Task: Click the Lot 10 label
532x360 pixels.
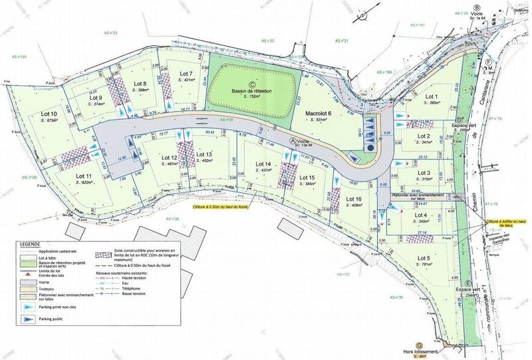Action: coord(49,114)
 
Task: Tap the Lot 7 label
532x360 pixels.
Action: coord(186,73)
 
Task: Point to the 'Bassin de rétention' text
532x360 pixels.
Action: coord(253,90)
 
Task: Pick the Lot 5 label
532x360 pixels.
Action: coord(424,258)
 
